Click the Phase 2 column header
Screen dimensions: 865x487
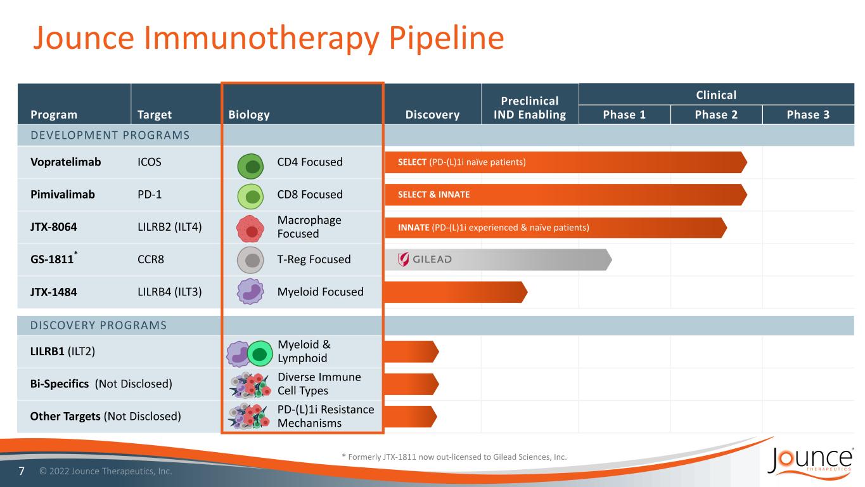tap(716, 115)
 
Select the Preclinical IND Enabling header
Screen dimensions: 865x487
tap(529, 108)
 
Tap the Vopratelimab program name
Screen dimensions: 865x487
tap(66, 162)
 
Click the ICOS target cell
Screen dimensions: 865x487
tap(150, 162)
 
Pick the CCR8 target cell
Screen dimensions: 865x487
tap(151, 259)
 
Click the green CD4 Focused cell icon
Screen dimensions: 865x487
tap(250, 166)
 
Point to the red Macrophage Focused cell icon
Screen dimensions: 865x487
tap(250, 228)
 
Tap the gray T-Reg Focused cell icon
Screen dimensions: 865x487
tap(250, 260)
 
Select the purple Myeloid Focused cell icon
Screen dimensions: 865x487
tap(250, 292)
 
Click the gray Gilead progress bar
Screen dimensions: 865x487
tap(498, 260)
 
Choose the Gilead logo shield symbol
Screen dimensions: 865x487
tap(403, 259)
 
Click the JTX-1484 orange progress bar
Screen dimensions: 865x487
tap(456, 292)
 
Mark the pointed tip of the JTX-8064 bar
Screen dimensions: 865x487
tap(727, 228)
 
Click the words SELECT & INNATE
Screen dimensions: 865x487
tap(433, 195)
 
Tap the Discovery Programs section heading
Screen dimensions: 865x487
tap(98, 325)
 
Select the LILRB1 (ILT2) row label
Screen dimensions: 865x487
tap(63, 351)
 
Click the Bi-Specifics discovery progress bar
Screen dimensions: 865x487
tap(411, 384)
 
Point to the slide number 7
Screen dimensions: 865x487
tap(22, 471)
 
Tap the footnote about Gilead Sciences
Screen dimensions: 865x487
tap(454, 457)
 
